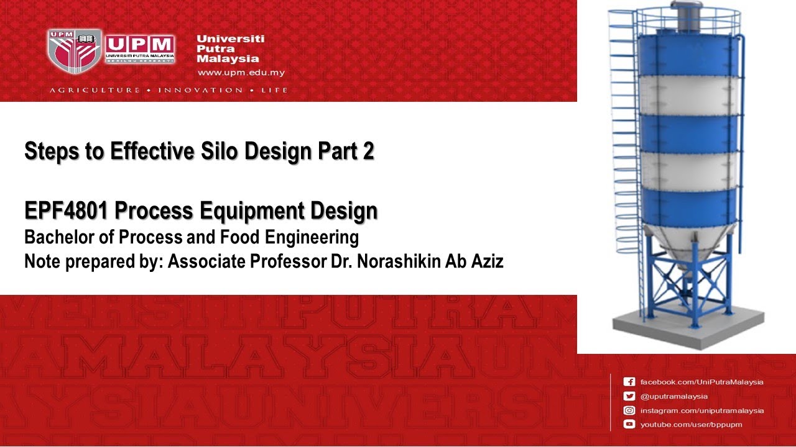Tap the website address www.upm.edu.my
click(x=241, y=73)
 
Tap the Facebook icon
click(x=629, y=382)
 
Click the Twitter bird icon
click(x=629, y=396)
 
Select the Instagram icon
click(x=629, y=410)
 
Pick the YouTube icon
click(x=629, y=425)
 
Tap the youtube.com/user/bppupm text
click(x=691, y=425)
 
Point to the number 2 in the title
click(x=369, y=151)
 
